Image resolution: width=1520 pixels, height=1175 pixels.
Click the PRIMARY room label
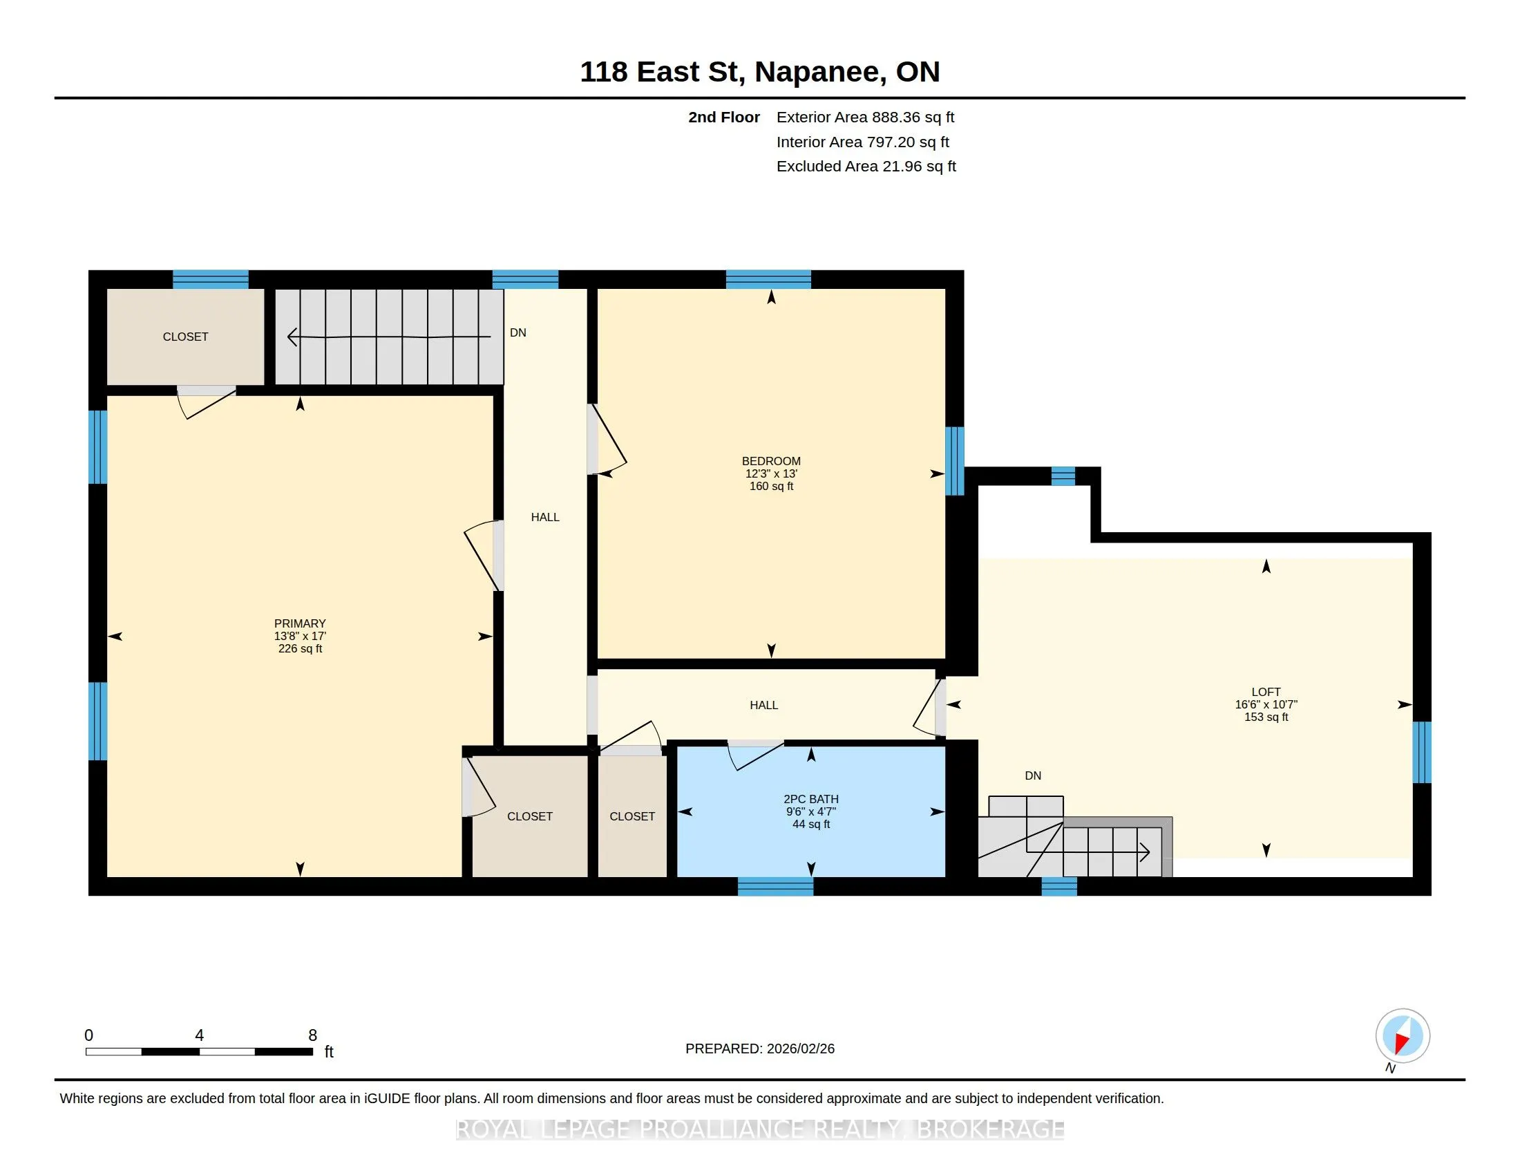300,623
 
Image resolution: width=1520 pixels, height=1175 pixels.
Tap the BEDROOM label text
771,461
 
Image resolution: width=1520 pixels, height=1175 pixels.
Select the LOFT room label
1266,692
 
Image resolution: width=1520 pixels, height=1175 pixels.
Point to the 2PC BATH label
811,799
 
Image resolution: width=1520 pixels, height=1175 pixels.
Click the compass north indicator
1403,1037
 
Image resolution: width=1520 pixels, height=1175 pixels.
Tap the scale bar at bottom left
199,1052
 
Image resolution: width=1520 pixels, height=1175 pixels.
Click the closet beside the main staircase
185,337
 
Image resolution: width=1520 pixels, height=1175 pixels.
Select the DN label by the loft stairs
1033,775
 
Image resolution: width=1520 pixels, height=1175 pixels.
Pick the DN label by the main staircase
517,332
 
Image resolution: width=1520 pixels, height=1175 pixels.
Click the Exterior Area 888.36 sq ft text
865,117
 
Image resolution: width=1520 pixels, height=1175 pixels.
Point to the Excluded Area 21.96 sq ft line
866,167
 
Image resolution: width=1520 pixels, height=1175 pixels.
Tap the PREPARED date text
760,1049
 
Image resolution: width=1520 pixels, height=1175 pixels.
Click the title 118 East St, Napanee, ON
760,72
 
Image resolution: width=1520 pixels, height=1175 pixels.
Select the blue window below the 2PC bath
775,886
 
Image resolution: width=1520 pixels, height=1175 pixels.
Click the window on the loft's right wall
1422,753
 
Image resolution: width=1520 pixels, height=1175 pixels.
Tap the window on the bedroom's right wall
955,461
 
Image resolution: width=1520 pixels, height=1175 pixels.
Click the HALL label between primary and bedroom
545,517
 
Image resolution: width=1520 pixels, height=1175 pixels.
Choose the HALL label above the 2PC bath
763,705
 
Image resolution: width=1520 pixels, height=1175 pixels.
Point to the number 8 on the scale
312,1035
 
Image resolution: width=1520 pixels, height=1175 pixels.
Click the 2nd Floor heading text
724,117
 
